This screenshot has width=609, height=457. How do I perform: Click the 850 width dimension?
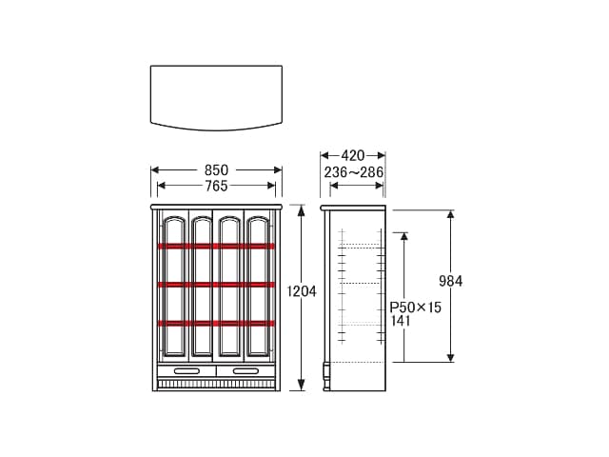coord(216,170)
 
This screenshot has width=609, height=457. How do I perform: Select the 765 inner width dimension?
coord(216,186)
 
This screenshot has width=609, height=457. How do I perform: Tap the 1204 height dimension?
coord(302,291)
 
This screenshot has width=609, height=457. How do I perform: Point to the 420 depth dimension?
coord(353,156)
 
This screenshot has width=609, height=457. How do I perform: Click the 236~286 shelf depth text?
coord(354,172)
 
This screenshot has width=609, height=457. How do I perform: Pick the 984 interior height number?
coord(450,281)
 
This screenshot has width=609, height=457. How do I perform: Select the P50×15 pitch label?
coord(416,308)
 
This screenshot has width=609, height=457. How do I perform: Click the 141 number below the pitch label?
coord(401,321)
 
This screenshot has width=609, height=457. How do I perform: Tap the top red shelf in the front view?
coord(216,246)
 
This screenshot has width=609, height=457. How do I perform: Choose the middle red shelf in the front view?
coord(216,285)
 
